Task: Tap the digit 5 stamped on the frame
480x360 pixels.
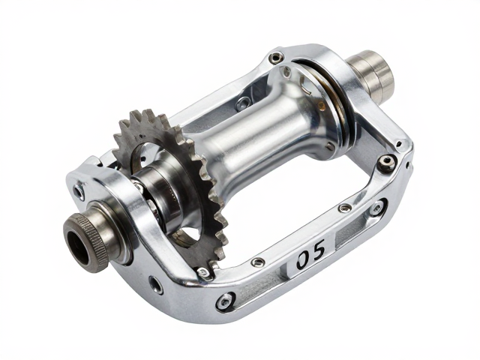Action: click(318, 248)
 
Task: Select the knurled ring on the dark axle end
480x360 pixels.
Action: click(92, 238)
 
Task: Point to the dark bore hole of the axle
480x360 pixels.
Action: click(78, 247)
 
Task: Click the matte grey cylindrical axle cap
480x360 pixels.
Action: click(373, 73)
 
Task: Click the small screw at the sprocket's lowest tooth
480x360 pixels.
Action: click(203, 271)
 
